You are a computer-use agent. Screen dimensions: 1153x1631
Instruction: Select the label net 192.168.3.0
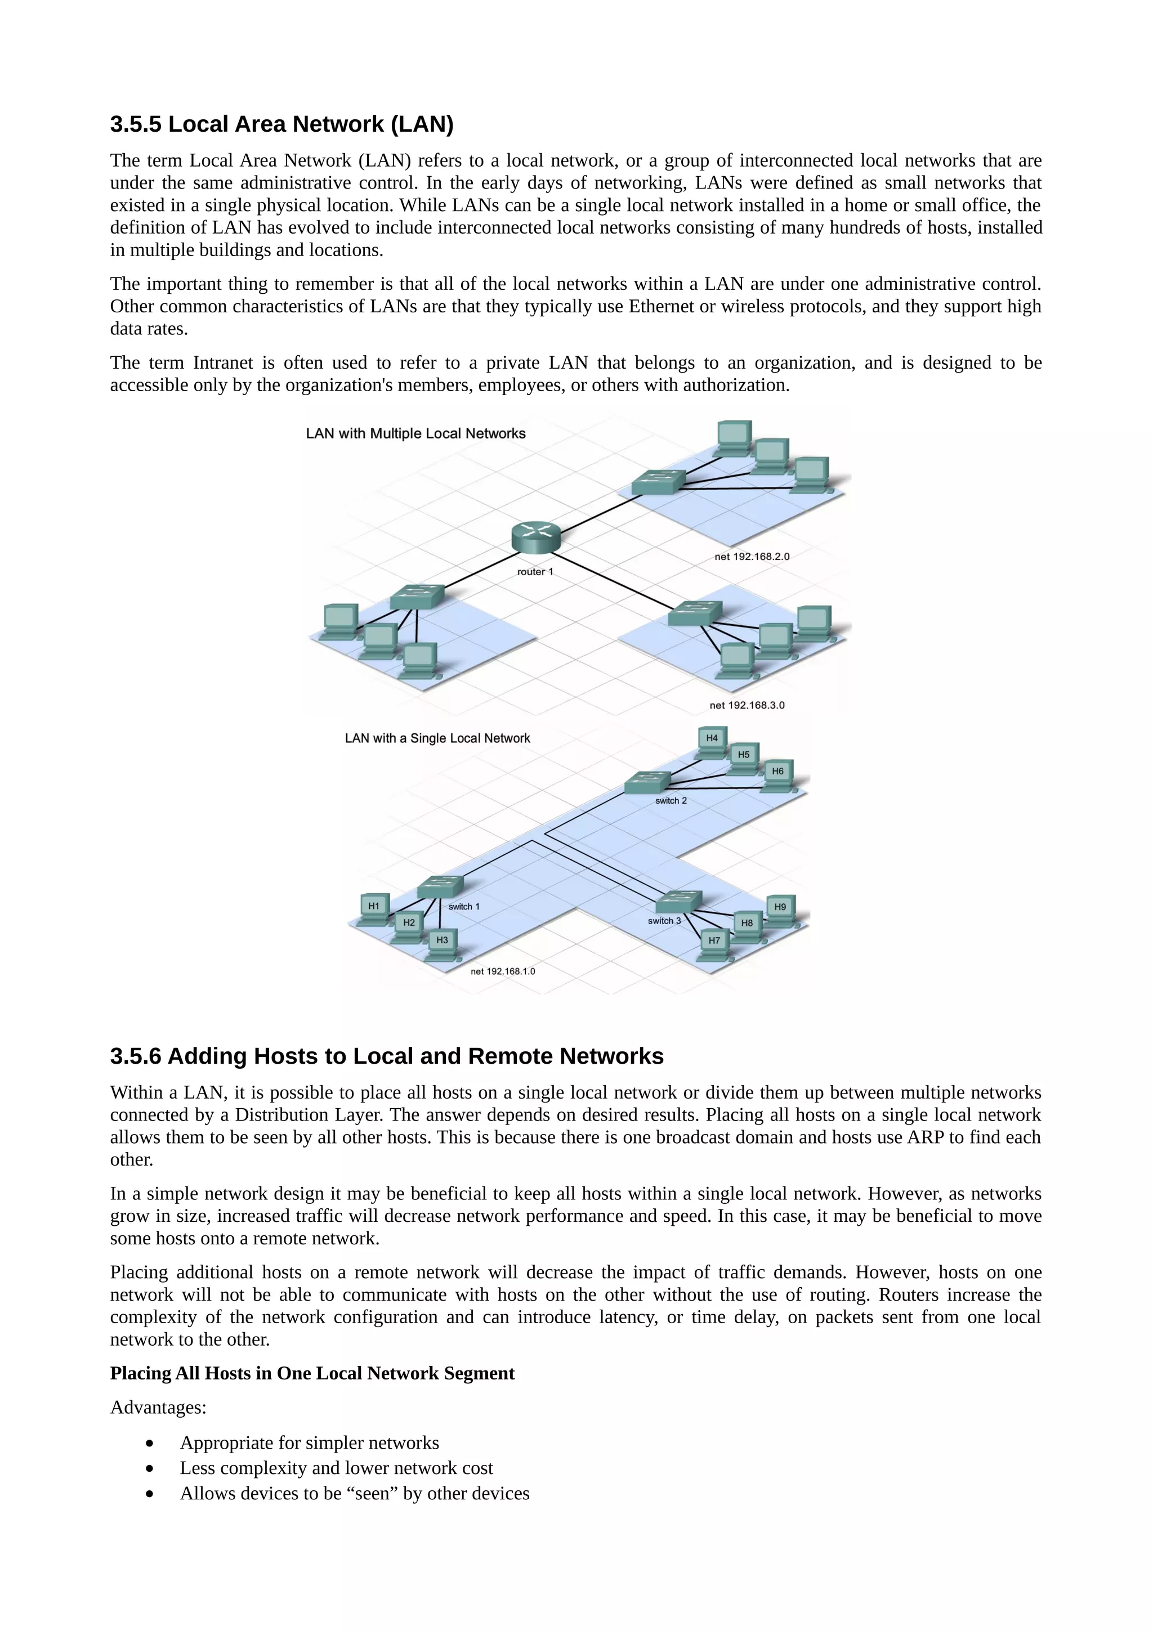[x=747, y=705]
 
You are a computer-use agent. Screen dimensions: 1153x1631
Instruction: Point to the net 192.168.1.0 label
[x=502, y=971]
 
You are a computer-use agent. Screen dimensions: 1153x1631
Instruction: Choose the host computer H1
[x=374, y=908]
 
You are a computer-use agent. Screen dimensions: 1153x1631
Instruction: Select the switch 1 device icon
[x=440, y=887]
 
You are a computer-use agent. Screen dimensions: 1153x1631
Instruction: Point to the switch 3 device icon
[x=678, y=902]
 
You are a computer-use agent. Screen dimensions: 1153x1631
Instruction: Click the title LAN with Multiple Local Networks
[x=415, y=433]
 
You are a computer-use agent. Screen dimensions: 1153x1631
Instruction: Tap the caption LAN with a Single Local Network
[x=437, y=738]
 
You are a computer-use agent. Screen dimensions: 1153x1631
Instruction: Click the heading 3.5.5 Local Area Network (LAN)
[x=281, y=124]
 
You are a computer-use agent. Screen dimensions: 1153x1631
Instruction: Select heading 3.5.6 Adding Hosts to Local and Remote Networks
[x=386, y=1056]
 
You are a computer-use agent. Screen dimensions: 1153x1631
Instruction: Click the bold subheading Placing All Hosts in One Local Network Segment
[x=312, y=1373]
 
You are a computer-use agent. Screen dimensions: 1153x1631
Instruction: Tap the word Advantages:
[x=158, y=1407]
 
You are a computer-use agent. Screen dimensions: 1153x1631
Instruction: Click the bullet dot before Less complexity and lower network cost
[x=149, y=1468]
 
